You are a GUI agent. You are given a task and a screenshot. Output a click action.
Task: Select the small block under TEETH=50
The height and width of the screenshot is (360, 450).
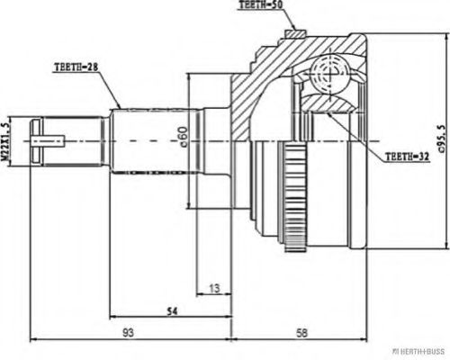pyautogui.click(x=293, y=33)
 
